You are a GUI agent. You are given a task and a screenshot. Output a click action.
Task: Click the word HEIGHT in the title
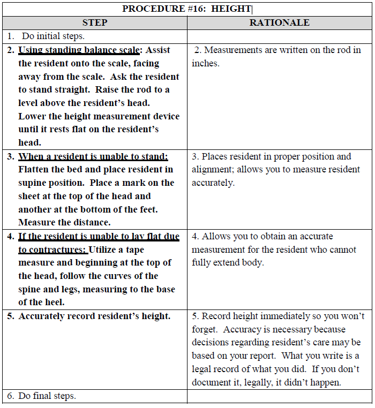232,9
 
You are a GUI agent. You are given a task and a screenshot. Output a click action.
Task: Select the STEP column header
95,22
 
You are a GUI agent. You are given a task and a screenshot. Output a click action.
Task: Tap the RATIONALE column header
280,22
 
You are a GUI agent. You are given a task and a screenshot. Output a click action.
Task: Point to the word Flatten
35,170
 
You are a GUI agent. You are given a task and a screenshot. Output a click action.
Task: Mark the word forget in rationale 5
206,329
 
